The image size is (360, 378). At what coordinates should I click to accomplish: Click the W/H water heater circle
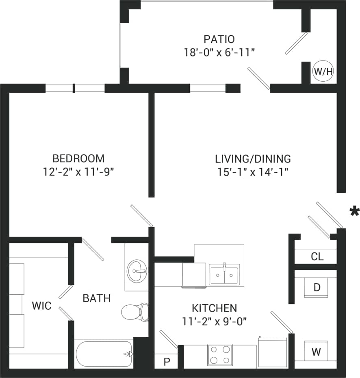pyautogui.click(x=323, y=72)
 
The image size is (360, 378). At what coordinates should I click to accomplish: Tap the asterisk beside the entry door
pyautogui.click(x=355, y=211)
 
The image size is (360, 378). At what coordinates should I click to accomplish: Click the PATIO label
pyautogui.click(x=219, y=39)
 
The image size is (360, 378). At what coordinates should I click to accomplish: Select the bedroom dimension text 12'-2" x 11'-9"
pyautogui.click(x=78, y=172)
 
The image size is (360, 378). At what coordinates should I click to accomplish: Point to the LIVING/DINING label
pyautogui.click(x=253, y=158)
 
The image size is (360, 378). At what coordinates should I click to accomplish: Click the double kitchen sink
pyautogui.click(x=224, y=274)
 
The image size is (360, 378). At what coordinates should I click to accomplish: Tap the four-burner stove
pyautogui.click(x=220, y=354)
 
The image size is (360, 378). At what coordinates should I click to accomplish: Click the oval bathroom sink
pyautogui.click(x=137, y=270)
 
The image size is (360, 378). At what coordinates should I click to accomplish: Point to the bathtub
pyautogui.click(x=105, y=354)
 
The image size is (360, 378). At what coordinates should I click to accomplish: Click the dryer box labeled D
pyautogui.click(x=317, y=287)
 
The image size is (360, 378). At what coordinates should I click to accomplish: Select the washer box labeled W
pyautogui.click(x=316, y=352)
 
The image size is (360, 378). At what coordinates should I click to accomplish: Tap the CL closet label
pyautogui.click(x=317, y=256)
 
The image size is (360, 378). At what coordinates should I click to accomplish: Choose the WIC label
pyautogui.click(x=42, y=306)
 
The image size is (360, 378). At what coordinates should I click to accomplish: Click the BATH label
pyautogui.click(x=97, y=298)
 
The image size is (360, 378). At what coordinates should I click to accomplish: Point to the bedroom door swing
pyautogui.click(x=141, y=215)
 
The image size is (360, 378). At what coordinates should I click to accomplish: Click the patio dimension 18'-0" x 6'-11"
pyautogui.click(x=219, y=52)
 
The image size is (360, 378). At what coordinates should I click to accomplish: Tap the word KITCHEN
pyautogui.click(x=215, y=308)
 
